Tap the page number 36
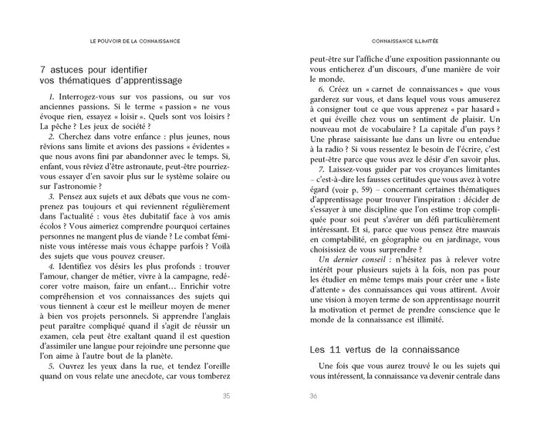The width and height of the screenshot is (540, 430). [x=313, y=398]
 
